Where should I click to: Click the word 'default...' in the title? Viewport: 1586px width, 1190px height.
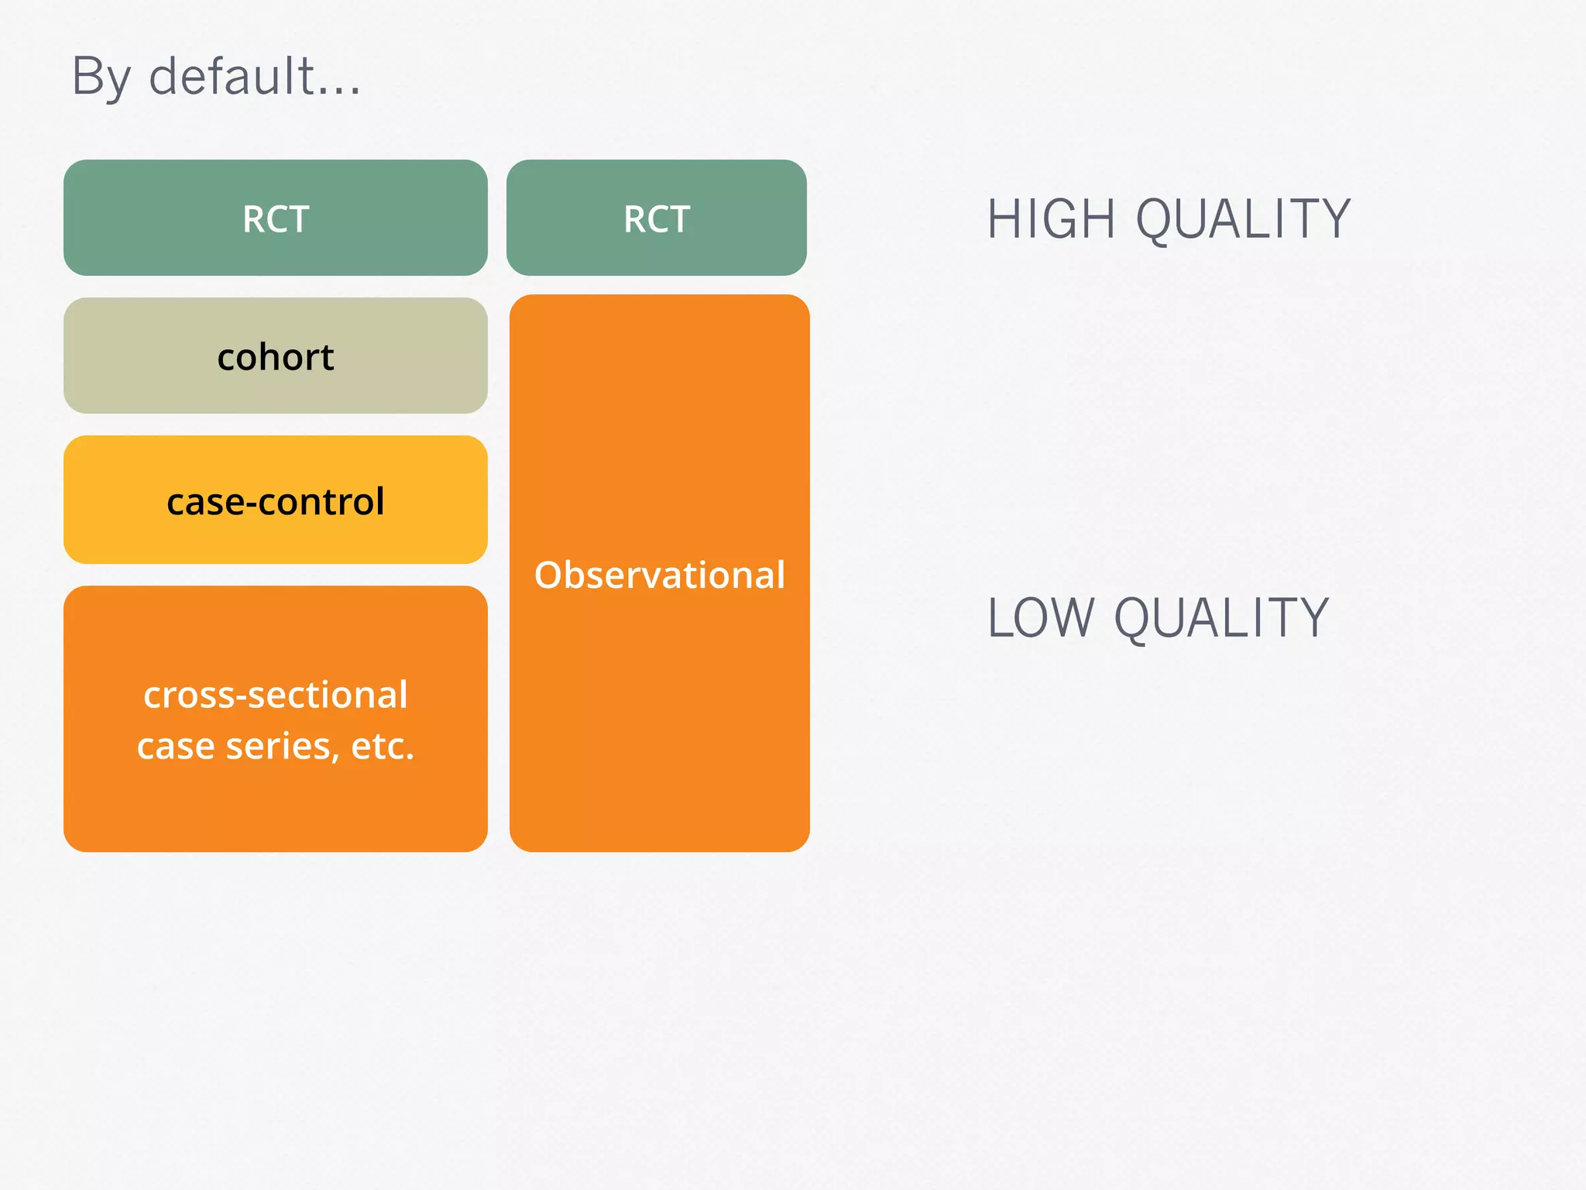(254, 77)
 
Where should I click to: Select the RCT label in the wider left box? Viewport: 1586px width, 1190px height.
(276, 219)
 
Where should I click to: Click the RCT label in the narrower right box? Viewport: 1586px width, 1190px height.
(657, 219)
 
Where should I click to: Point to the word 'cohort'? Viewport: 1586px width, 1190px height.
(276, 357)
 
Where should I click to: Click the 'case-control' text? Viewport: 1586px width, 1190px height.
(276, 501)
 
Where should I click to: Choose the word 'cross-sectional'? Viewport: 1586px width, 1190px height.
(276, 694)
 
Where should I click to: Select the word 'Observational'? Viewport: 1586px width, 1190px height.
(660, 575)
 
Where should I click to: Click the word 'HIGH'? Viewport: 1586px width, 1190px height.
(1051, 219)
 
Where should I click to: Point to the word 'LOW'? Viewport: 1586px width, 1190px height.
(1040, 618)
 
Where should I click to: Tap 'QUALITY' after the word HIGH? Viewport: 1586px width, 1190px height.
(1243, 219)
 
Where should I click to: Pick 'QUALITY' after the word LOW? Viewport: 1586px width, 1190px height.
(1221, 618)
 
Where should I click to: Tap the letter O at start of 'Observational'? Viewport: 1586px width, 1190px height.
(548, 576)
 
